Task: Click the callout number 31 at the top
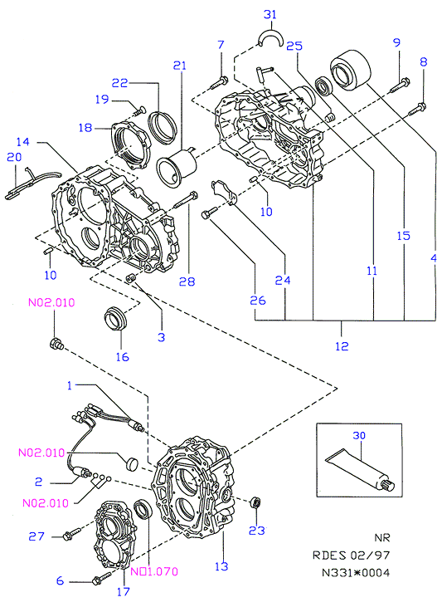pyautogui.click(x=270, y=14)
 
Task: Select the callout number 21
pyautogui.click(x=179, y=66)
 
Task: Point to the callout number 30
pyautogui.click(x=359, y=435)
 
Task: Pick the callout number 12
pyautogui.click(x=342, y=345)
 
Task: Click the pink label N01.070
pyautogui.click(x=154, y=571)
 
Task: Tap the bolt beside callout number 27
pyautogui.click(x=72, y=533)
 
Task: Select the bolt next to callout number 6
pyautogui.click(x=102, y=578)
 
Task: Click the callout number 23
pyautogui.click(x=256, y=531)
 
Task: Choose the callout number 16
pyautogui.click(x=122, y=356)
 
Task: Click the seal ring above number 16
pyautogui.click(x=115, y=318)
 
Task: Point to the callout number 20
pyautogui.click(x=14, y=157)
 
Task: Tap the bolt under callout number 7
pyautogui.click(x=218, y=83)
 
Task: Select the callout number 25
pyautogui.click(x=294, y=46)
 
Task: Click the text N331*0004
pyautogui.click(x=356, y=572)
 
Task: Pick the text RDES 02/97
pyautogui.click(x=351, y=556)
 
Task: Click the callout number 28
pyautogui.click(x=187, y=281)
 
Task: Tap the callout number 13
pyautogui.click(x=221, y=566)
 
